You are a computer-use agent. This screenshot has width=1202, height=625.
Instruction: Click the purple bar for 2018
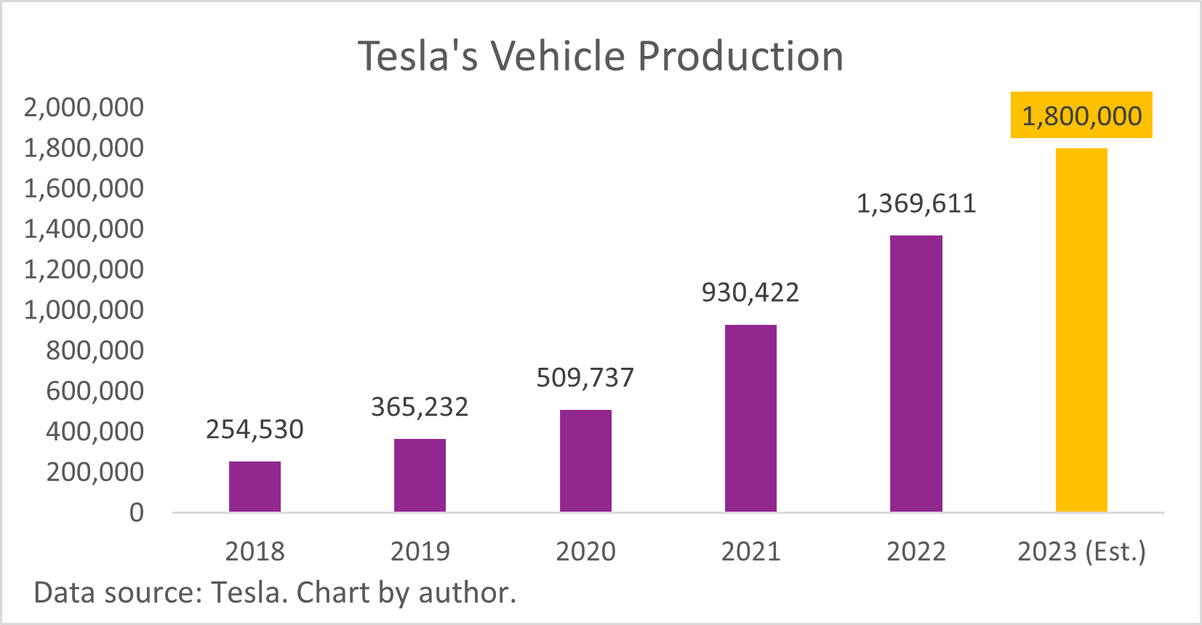(255, 486)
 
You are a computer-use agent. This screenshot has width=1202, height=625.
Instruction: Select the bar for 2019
(420, 475)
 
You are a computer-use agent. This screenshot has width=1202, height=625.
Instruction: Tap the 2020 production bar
(585, 461)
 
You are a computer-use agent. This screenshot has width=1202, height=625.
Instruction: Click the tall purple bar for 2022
(915, 374)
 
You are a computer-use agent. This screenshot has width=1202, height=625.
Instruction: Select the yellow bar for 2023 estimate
(1081, 330)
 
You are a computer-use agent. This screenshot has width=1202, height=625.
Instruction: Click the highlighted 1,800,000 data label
(1081, 116)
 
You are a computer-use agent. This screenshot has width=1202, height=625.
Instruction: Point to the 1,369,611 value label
(915, 203)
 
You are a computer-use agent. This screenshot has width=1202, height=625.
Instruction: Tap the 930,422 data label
(750, 292)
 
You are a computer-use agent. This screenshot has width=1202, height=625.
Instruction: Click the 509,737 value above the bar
(585, 377)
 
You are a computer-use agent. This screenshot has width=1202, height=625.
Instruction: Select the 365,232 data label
(420, 407)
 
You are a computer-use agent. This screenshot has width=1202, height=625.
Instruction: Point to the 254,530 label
(255, 430)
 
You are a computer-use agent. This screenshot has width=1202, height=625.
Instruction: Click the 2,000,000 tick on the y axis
(84, 108)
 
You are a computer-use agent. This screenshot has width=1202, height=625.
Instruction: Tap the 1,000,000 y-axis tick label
(84, 310)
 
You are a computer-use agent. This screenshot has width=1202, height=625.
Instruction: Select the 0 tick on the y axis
(137, 513)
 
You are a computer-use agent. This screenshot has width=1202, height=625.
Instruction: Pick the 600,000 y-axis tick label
(95, 391)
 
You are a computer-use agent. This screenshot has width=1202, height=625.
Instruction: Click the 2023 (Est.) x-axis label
(1081, 552)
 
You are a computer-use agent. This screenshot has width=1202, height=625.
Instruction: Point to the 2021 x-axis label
(750, 552)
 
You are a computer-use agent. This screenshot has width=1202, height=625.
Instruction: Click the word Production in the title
(740, 56)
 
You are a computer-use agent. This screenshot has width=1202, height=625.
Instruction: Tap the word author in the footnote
(467, 593)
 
